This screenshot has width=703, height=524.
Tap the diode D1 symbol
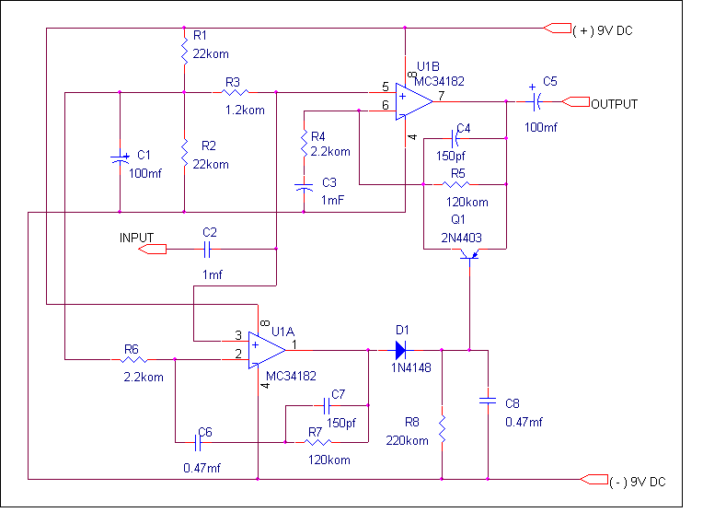tap(400, 350)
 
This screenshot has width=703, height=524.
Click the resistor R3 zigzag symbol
tap(232, 92)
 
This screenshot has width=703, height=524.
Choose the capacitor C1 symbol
tap(120, 158)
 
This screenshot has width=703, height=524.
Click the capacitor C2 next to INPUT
tap(209, 249)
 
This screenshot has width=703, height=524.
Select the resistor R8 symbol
tap(442, 428)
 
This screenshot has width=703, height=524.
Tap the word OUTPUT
tap(614, 104)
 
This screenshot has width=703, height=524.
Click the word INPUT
tap(136, 238)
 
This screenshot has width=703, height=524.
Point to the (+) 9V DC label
tap(603, 30)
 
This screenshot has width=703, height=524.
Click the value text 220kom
tap(408, 440)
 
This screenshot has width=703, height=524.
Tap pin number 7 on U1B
tap(442, 95)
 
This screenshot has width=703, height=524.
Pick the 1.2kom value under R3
tap(245, 111)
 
